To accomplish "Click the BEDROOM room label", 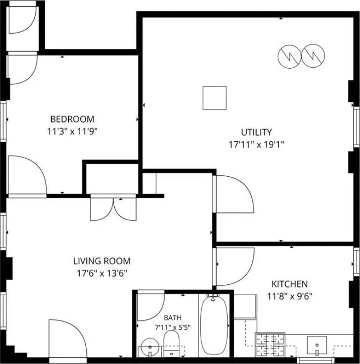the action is pos(72,119).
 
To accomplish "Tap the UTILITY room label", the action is pos(257,132).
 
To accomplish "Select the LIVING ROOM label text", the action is pos(102,261).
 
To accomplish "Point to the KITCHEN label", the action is pos(290,284).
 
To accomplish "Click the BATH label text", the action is pos(173,318).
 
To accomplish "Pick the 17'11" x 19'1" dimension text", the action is pos(257,145).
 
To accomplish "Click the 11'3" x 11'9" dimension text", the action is pos(72,132).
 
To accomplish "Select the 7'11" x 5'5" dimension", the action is pos(173,328).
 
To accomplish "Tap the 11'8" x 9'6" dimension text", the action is pos(290,296).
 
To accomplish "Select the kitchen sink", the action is pos(317,345).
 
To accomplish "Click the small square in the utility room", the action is pos(214,98).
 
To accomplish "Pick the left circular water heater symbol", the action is pos(289,56).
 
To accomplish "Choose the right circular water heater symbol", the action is pos(313,56).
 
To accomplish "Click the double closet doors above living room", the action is pos(113,208).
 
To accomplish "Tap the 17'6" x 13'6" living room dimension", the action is pos(102,273).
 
